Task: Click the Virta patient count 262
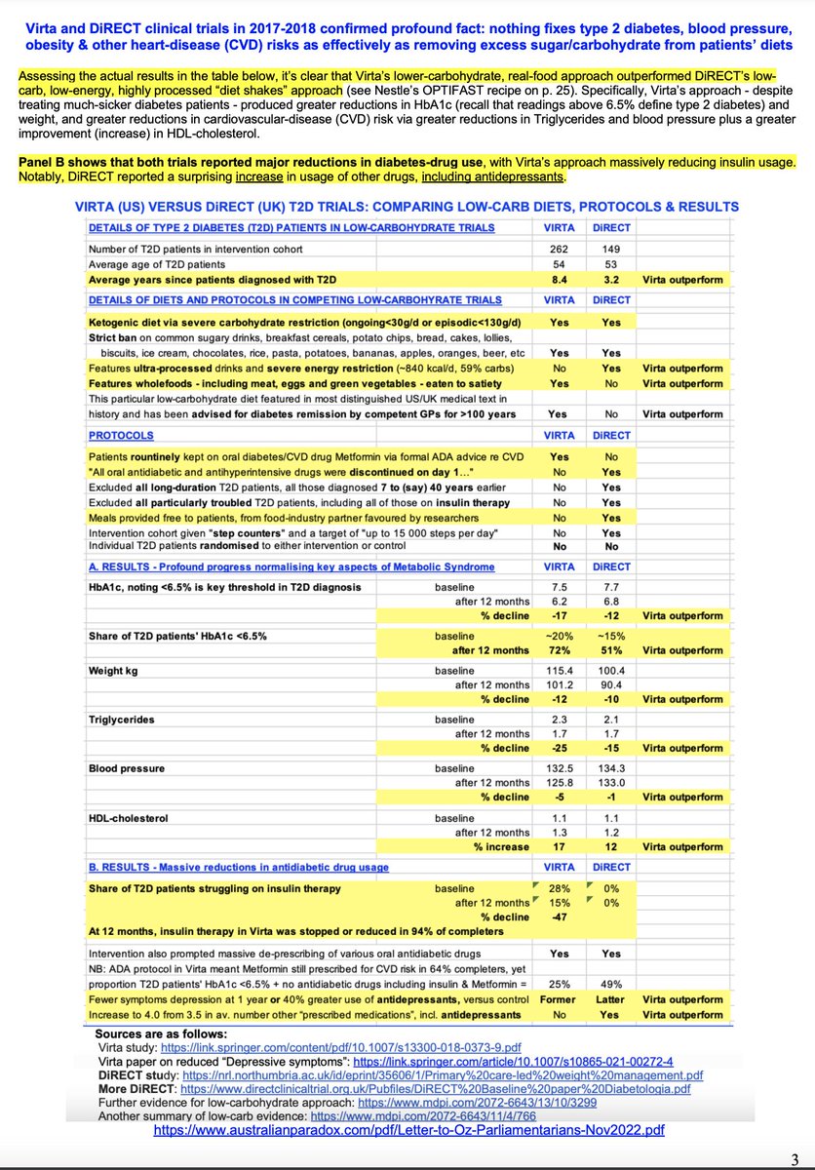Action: click(x=560, y=248)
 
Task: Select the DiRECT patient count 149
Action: click(x=610, y=248)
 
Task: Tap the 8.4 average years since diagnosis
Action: click(x=560, y=279)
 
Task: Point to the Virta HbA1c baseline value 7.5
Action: click(x=560, y=586)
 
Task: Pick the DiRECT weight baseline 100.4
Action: click(x=610, y=671)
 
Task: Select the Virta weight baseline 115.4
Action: click(x=560, y=671)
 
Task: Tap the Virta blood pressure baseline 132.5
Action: click(x=560, y=768)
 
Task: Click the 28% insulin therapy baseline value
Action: click(x=560, y=888)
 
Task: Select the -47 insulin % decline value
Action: click(x=560, y=916)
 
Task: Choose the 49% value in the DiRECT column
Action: click(x=610, y=984)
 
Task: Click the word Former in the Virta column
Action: click(x=560, y=998)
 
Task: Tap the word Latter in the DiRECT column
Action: click(x=610, y=998)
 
